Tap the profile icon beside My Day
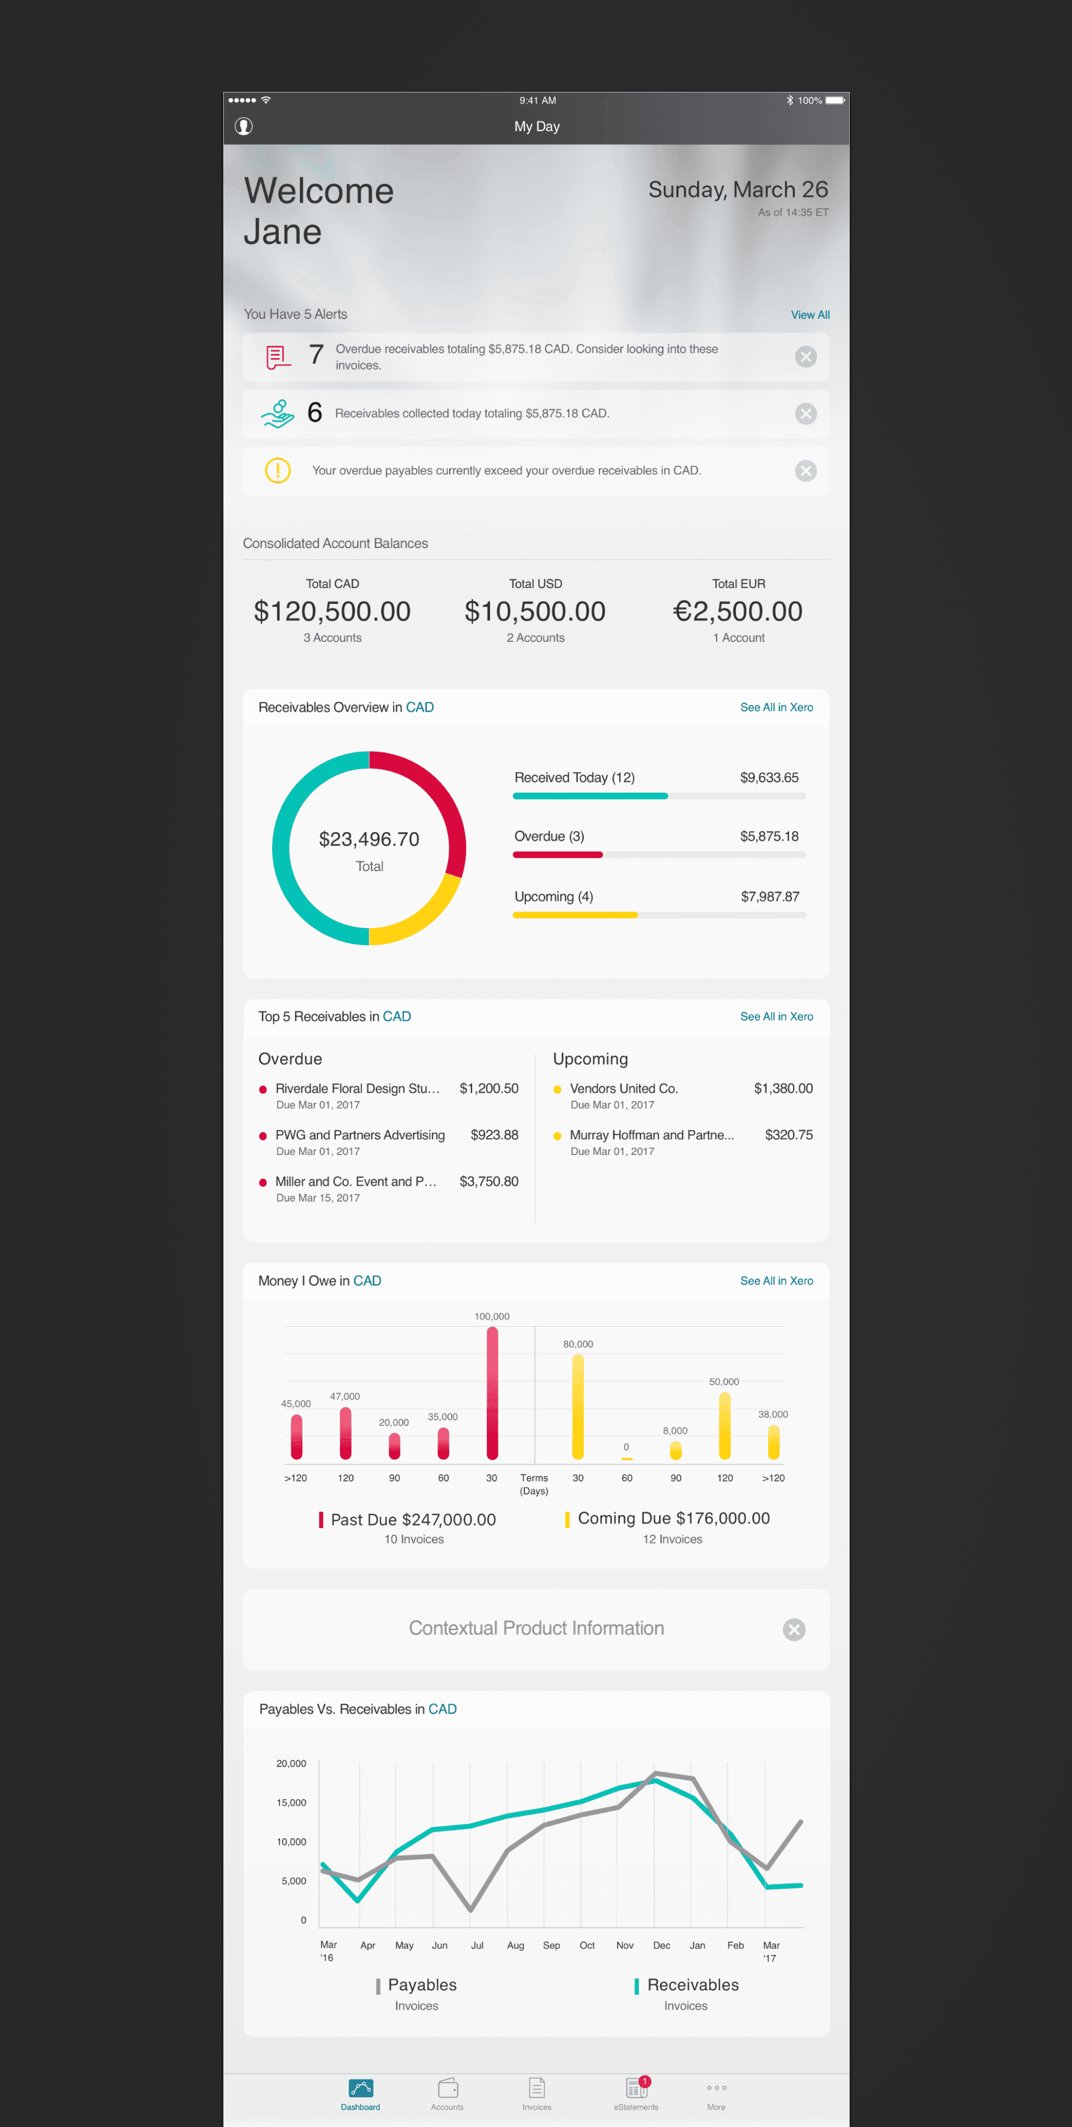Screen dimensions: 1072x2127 (243, 126)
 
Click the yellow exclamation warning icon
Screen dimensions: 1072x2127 (277, 471)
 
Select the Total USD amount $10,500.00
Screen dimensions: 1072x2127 (535, 611)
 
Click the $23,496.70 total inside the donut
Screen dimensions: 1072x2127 (369, 839)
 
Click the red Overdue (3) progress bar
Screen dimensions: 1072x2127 (558, 855)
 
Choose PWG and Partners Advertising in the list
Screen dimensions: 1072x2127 (360, 1135)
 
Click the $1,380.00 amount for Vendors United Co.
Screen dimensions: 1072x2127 (783, 1088)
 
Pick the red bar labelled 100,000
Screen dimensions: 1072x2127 (492, 1393)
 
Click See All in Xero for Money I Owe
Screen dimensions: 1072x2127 (776, 1281)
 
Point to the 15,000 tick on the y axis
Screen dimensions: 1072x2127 (291, 1803)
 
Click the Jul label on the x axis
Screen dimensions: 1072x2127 (477, 1945)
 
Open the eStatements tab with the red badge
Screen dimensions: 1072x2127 (636, 2093)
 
